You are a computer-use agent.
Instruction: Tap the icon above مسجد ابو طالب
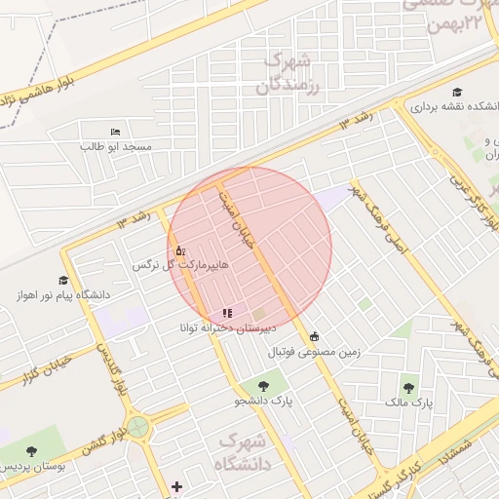coord(116,132)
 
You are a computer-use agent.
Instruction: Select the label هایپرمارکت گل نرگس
coord(170,265)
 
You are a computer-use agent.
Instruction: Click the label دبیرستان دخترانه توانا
coord(227,327)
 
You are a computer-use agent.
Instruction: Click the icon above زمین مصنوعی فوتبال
coord(314,336)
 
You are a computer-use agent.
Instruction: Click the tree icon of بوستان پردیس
coord(32,451)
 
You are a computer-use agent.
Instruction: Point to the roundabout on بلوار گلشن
coord(138,426)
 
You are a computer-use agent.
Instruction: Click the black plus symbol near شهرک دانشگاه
coord(176,486)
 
